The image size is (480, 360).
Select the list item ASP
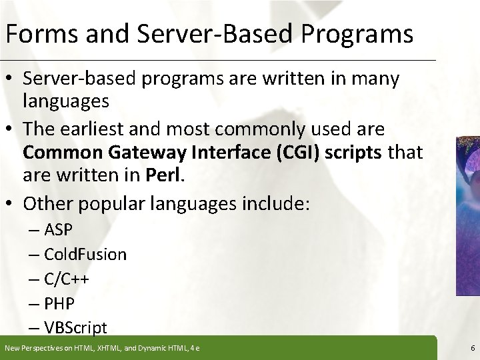[x=59, y=231]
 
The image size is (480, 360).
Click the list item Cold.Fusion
[x=85, y=255]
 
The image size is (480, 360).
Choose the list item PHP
[x=59, y=303]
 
